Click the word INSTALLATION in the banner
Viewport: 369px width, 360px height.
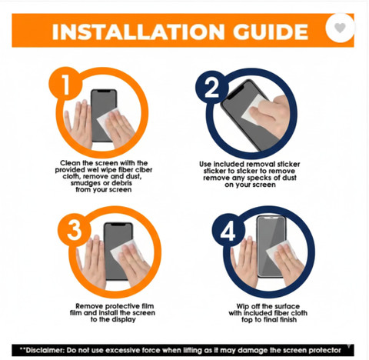click(138, 32)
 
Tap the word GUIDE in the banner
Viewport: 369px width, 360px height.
click(271, 32)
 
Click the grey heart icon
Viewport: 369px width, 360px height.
click(340, 28)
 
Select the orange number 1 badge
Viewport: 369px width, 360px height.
click(65, 84)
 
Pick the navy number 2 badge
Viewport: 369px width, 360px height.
click(211, 87)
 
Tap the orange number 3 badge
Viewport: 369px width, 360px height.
click(75, 230)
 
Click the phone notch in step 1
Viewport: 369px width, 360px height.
click(104, 91)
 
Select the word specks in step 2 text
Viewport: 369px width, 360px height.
click(259, 178)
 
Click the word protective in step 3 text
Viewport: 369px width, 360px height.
click(123, 306)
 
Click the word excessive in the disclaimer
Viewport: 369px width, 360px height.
click(123, 350)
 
